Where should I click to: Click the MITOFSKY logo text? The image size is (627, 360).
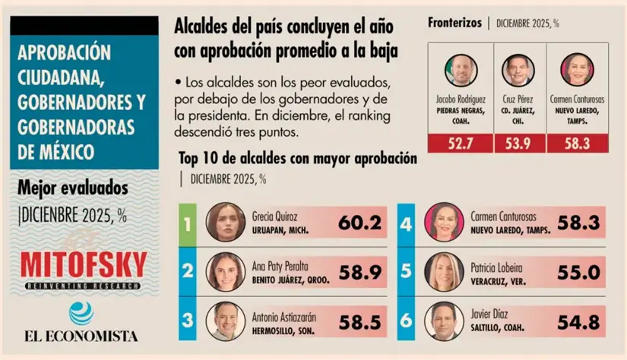(x=84, y=264)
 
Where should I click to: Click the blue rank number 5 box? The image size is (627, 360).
(x=406, y=271)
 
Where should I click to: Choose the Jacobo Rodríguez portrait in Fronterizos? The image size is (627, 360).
(x=461, y=70)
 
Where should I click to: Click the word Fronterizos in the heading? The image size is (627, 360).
(x=454, y=22)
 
